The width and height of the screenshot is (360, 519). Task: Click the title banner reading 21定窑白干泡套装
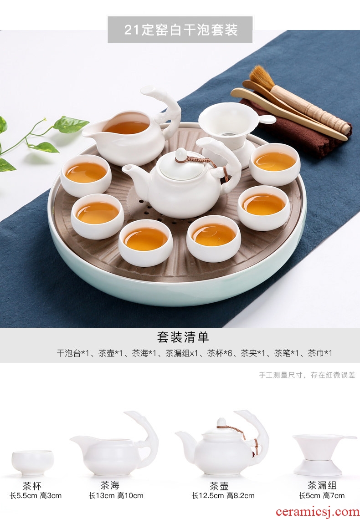tap(180, 30)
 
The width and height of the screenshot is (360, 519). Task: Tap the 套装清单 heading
tap(183, 337)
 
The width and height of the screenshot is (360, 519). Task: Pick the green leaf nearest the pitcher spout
tap(71, 124)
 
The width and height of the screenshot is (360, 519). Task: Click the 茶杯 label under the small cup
tap(32, 486)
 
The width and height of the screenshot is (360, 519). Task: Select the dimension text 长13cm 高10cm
tap(116, 495)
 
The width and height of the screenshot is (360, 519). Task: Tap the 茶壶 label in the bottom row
tap(219, 486)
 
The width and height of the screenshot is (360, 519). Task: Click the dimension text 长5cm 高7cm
tap(322, 495)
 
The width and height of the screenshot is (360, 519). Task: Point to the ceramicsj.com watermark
tap(317, 512)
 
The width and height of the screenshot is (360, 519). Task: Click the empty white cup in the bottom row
tap(32, 463)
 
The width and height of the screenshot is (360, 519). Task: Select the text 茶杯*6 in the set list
tap(220, 353)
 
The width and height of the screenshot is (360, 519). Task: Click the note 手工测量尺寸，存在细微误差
tap(307, 375)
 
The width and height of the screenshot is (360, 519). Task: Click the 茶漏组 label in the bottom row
tap(322, 485)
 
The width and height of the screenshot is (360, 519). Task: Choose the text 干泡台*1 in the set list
tap(73, 353)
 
